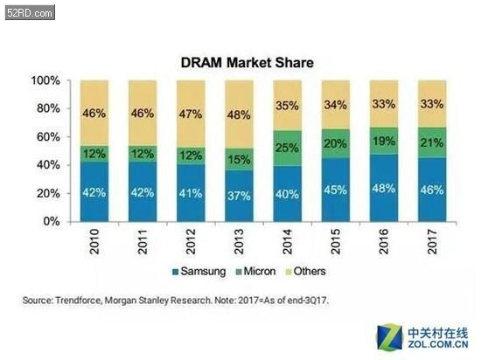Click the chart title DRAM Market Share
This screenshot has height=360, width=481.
tap(247, 63)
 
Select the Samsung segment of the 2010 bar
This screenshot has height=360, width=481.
tap(94, 191)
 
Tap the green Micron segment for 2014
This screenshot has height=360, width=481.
tap(288, 149)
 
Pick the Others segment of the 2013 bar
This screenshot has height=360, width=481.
tap(239, 114)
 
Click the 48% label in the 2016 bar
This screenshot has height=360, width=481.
tap(384, 189)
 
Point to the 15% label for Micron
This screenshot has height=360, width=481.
tap(239, 160)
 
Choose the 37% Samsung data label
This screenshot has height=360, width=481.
tap(239, 196)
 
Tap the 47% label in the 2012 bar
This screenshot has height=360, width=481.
tap(191, 114)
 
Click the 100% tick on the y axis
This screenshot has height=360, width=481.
tap(45, 80)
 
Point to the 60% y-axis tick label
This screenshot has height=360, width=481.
tap(48, 137)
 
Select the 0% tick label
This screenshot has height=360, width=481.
tap(52, 221)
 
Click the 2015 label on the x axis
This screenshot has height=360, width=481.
tap(336, 241)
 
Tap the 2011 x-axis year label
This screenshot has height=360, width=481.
tap(143, 241)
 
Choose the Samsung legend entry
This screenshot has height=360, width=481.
tap(199, 272)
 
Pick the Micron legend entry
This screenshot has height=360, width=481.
tap(256, 272)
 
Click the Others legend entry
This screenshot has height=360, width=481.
tap(306, 272)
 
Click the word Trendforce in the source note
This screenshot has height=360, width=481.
tap(78, 301)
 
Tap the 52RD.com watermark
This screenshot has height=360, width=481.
tap(30, 13)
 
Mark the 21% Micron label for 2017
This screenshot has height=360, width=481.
tap(432, 142)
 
